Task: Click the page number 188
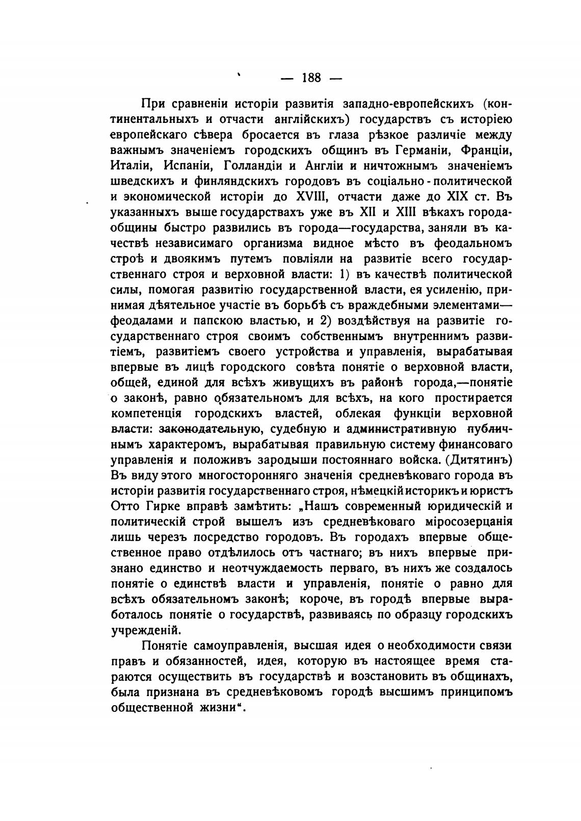point(311,78)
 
